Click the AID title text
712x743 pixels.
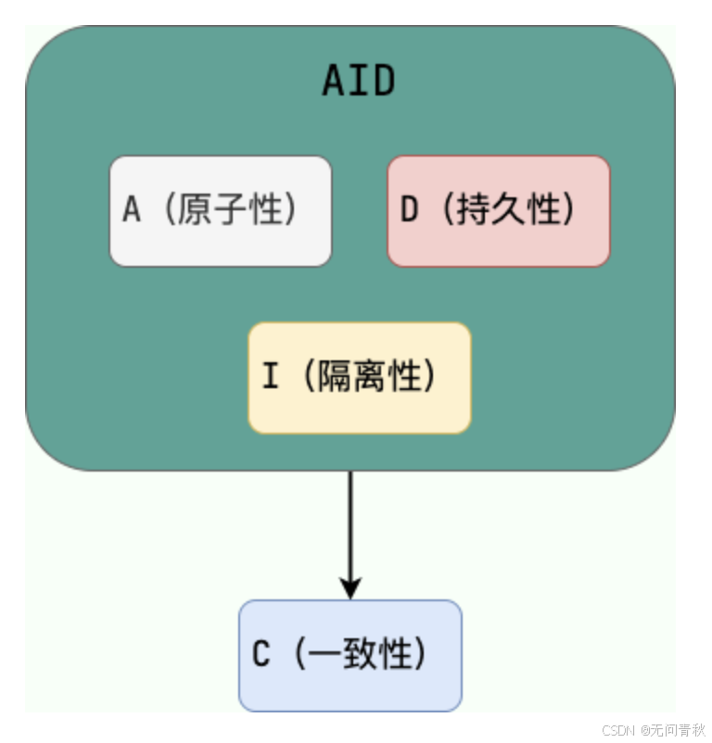(358, 82)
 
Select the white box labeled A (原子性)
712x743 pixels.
(221, 211)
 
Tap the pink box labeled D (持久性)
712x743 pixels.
(499, 211)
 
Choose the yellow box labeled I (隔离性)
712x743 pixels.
(360, 378)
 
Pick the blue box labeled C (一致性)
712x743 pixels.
(350, 656)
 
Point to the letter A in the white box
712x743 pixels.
(132, 211)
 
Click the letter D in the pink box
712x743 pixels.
(409, 211)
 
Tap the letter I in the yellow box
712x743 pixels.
(270, 378)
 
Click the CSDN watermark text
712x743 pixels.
(617, 730)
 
